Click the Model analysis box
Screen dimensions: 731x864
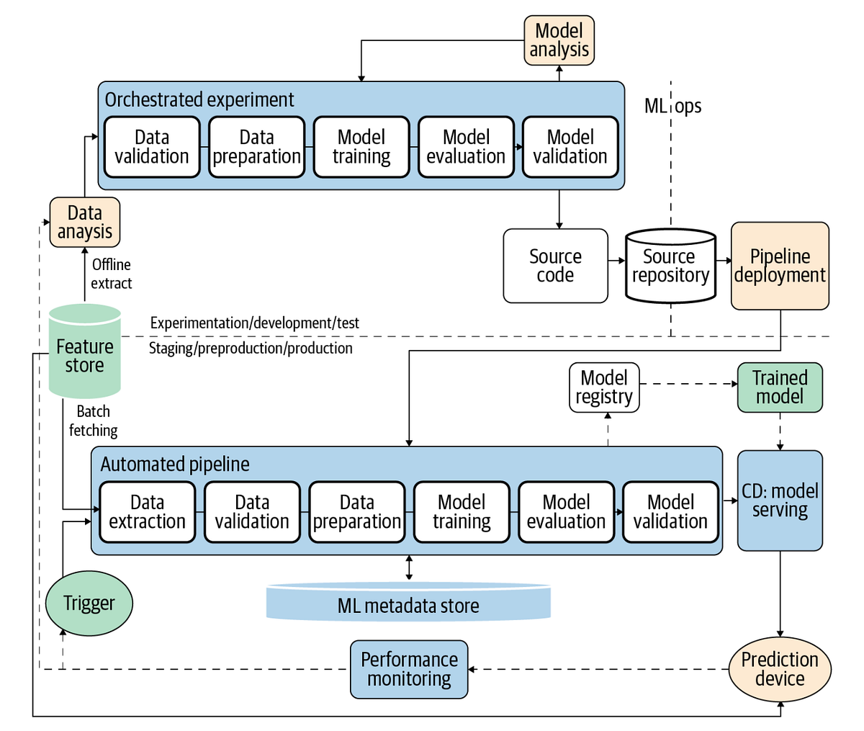pos(559,40)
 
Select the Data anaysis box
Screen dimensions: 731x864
pos(84,223)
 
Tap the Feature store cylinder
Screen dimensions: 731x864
pos(84,352)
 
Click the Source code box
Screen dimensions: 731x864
pos(555,266)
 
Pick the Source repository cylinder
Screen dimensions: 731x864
pos(670,266)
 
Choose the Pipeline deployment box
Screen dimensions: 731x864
pos(780,266)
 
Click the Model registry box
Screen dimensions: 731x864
pos(604,387)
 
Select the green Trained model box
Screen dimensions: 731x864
pos(780,387)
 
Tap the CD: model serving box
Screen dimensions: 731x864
pos(780,501)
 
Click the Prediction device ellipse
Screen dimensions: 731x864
pos(780,669)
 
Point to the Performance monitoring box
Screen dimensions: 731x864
pos(409,669)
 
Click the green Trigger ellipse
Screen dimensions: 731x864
pos(89,604)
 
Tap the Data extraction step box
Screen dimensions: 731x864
pos(148,512)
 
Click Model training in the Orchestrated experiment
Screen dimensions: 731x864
pos(361,147)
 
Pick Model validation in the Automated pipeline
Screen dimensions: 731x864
pos(670,512)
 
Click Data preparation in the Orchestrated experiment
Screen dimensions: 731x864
pos(256,147)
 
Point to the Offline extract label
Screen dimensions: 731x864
pos(112,274)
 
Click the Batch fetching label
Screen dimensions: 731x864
pos(94,421)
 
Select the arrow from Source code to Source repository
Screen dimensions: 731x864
pos(616,261)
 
